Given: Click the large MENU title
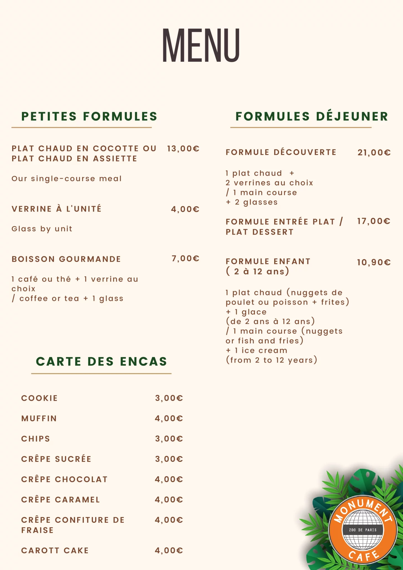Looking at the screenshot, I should pos(201,45).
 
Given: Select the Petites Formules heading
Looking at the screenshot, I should pos(89,116).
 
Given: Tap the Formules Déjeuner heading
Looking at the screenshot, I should pos(312,116).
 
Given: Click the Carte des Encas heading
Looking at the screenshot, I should pos(101,362).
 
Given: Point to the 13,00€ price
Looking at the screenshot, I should pos(183,149).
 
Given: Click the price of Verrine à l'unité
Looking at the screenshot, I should pos(185,209).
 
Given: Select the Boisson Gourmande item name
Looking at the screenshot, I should pos(66,259).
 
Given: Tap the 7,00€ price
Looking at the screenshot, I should pos(185,259).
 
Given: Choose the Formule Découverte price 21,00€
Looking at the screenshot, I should pos(374,153).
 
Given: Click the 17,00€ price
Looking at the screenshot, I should pos(374,221).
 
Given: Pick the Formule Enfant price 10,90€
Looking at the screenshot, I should pos(374,262).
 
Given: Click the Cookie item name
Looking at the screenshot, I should pos(40,398).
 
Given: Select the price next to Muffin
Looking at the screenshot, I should pos(169,418).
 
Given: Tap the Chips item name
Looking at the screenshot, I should pos(36,439).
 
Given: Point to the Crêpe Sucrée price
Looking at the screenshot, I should pos(169,459).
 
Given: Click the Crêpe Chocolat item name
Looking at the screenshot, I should pos(64,479).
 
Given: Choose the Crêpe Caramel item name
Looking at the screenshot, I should pos(60,500).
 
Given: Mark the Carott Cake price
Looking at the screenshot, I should pos(169,550).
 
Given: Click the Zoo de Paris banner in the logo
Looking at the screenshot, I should pos(363,530).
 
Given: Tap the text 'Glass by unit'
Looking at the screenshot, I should pos(42,229).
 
